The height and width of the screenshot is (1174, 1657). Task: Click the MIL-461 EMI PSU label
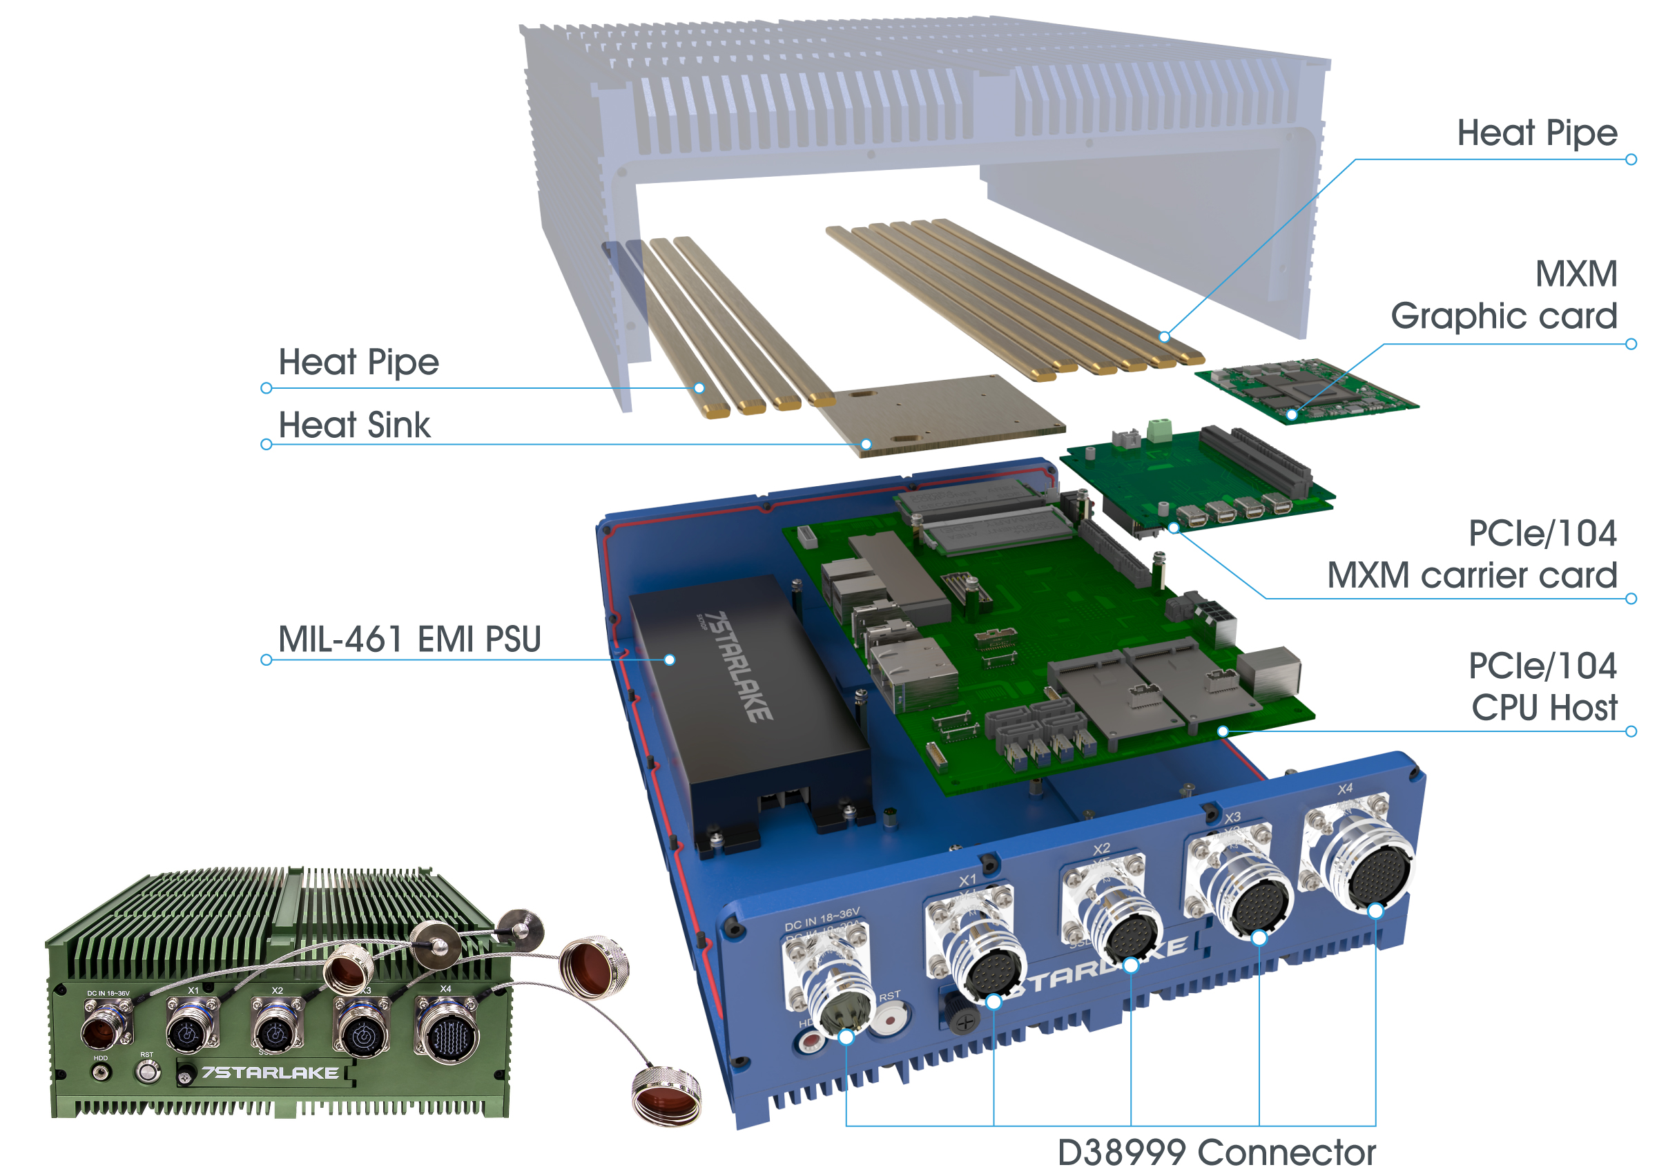(x=409, y=639)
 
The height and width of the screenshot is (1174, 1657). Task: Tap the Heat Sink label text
(x=354, y=425)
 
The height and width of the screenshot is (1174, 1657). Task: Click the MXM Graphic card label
(x=1503, y=295)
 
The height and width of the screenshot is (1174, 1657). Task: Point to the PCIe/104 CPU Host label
(x=1542, y=686)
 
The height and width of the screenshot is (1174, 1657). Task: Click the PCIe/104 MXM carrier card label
(x=1471, y=555)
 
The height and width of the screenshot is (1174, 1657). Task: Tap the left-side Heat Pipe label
(x=358, y=362)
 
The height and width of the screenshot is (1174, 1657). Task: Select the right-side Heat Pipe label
(x=1536, y=133)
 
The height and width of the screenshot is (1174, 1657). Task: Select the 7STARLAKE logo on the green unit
(x=269, y=1072)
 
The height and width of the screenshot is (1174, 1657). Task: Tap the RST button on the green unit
(x=148, y=1072)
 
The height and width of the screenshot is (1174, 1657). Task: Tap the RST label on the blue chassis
(x=889, y=996)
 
